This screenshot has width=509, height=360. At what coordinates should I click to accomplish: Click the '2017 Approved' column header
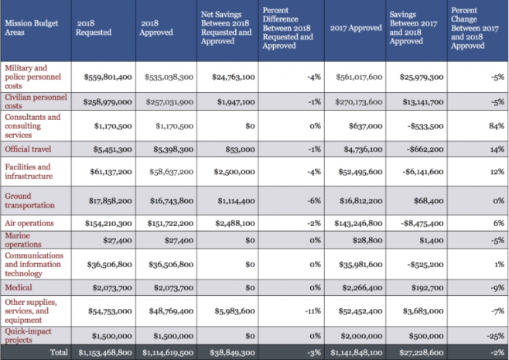point(356,28)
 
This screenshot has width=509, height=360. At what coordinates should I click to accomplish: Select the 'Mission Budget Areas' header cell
point(32,28)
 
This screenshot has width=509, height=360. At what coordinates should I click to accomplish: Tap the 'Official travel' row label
point(28,149)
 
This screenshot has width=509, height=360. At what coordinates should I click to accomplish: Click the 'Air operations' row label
point(29,223)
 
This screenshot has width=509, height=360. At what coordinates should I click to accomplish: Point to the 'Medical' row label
point(19,287)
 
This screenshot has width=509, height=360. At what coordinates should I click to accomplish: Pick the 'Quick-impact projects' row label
point(28,336)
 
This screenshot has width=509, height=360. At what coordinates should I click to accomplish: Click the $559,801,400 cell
point(108,77)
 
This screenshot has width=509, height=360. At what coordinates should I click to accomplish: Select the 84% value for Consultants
point(497,125)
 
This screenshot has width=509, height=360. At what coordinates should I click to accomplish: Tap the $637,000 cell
point(366,125)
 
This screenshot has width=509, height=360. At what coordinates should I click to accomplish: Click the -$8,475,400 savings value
point(422,223)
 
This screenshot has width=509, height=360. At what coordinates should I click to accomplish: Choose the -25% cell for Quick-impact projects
point(495,336)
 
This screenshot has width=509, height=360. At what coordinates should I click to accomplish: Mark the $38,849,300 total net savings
point(232,352)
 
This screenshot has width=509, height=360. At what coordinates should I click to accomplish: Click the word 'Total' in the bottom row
point(59,352)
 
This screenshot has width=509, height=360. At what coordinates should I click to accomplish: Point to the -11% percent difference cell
point(313,311)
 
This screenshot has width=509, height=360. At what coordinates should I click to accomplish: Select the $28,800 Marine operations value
point(367,241)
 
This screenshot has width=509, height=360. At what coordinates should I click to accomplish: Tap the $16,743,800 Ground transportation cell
point(172,201)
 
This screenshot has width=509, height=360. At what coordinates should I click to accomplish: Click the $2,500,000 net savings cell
point(234,172)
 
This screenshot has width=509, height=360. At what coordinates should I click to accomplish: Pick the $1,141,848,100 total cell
point(357,352)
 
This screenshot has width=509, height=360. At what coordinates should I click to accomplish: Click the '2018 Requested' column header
point(94,28)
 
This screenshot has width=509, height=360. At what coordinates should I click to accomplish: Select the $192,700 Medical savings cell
point(427,287)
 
